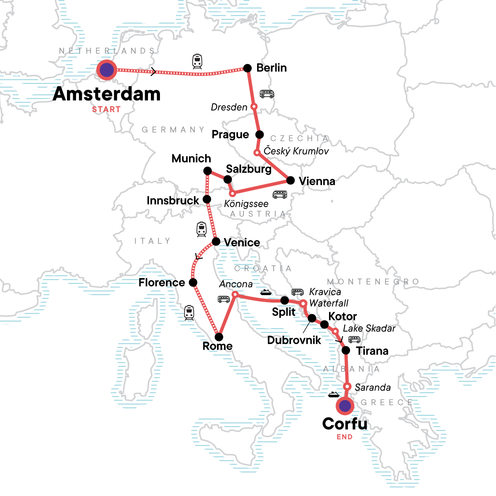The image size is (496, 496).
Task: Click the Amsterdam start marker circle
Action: (x=107, y=70)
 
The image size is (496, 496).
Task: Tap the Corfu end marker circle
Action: (x=345, y=406)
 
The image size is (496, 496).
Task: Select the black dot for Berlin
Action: (x=247, y=68)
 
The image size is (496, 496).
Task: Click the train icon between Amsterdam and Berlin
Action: (x=198, y=61)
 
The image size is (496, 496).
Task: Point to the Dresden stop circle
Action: (x=254, y=107)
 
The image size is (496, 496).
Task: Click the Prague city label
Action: (x=230, y=135)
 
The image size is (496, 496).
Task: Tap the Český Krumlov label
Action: (x=296, y=151)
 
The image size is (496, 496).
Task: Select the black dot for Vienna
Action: (x=291, y=180)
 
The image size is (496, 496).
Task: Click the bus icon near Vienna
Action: (x=280, y=194)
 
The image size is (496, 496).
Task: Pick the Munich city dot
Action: (x=207, y=171)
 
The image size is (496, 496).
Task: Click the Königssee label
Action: (x=246, y=204)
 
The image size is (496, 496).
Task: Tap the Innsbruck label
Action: (x=173, y=201)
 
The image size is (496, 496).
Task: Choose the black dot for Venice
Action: (x=216, y=242)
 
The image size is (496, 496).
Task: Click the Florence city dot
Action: (x=193, y=283)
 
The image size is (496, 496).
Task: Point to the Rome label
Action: (x=217, y=346)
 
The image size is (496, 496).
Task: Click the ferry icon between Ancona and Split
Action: (x=266, y=292)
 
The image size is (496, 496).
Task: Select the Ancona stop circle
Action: (x=235, y=294)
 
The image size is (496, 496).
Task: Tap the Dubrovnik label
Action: (x=294, y=340)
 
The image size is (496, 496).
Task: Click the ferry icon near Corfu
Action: (x=334, y=395)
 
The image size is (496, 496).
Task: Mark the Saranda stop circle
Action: (x=348, y=387)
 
